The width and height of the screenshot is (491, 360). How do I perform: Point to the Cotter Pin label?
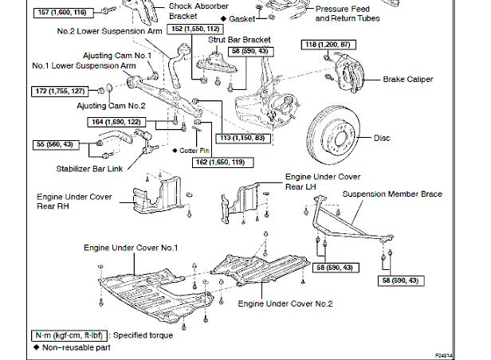[198, 150]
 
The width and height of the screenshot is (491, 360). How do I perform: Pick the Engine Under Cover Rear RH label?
[74, 200]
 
